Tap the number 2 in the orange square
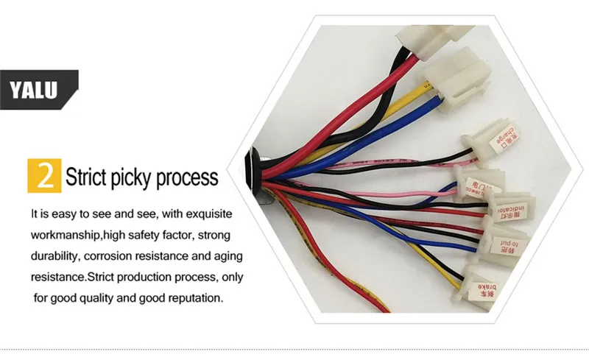(x=43, y=176)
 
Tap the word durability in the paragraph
(x=54, y=257)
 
